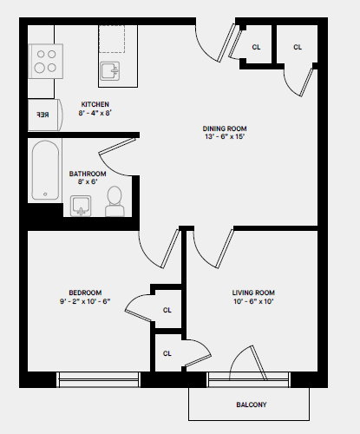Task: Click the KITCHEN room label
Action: (x=95, y=104)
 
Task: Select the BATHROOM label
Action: (x=88, y=174)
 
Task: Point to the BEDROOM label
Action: (x=85, y=292)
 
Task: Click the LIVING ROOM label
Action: (x=253, y=292)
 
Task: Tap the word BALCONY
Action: (x=251, y=404)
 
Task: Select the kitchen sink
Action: (x=110, y=69)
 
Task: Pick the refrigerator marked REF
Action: (x=43, y=114)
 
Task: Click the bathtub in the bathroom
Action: (x=44, y=172)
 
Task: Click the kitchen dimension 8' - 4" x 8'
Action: (x=95, y=113)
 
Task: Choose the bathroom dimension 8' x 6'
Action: (x=88, y=182)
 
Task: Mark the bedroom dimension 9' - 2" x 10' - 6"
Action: (x=85, y=301)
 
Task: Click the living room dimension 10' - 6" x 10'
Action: (x=253, y=301)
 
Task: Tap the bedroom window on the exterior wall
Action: (x=98, y=378)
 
